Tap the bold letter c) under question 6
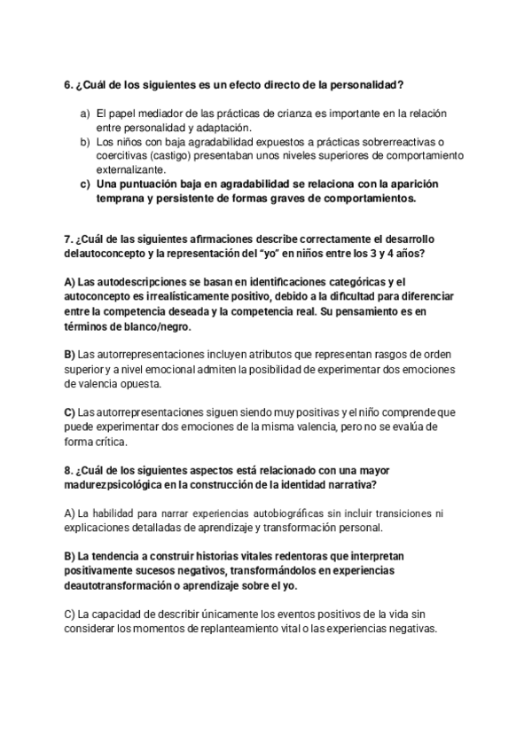85,184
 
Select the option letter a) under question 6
85,114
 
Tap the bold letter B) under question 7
70,356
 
